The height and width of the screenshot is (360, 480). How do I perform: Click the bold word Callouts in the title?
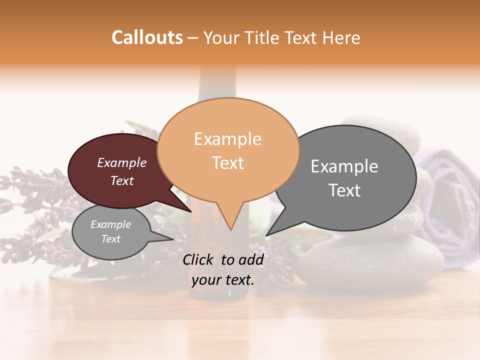tap(147, 37)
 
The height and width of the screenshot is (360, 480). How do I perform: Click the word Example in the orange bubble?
tap(227, 139)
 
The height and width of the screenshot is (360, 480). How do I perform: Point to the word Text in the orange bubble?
tap(228, 163)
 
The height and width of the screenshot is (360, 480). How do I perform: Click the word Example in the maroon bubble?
tap(121, 162)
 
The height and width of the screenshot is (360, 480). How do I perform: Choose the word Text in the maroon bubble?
tap(121, 180)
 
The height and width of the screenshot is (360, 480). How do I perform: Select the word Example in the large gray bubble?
tap(344, 166)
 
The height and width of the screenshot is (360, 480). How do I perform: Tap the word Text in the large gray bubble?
tap(344, 190)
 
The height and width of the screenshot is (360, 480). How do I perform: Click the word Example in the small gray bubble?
tap(110, 224)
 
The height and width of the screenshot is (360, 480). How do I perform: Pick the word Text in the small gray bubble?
tap(110, 239)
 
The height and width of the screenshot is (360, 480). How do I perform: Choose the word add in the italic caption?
tap(250, 259)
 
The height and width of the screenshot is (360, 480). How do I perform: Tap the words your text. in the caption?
tap(223, 280)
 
